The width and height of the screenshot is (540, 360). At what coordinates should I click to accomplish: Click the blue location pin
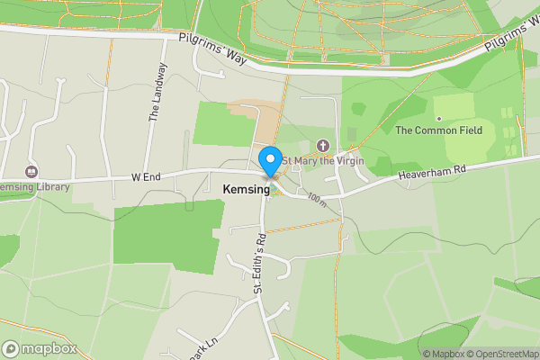(x=269, y=161)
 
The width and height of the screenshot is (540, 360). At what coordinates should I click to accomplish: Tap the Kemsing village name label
(x=245, y=190)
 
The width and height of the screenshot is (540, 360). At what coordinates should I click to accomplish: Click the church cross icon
(x=324, y=146)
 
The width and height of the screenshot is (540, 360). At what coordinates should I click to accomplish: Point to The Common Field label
(x=439, y=130)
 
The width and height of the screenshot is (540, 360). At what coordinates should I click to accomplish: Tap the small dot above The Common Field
(x=439, y=118)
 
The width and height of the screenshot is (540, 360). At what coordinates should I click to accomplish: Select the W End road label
(x=145, y=177)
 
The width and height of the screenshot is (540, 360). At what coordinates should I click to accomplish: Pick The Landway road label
(x=157, y=92)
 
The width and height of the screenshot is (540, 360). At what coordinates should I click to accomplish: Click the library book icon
(x=31, y=171)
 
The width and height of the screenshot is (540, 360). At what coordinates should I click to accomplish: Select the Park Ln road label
(x=203, y=346)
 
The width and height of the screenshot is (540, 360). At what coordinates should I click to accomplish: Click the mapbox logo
(x=38, y=349)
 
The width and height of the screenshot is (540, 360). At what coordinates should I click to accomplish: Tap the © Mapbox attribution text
(x=444, y=354)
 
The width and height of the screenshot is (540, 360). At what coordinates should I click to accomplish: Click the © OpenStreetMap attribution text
(x=504, y=354)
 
